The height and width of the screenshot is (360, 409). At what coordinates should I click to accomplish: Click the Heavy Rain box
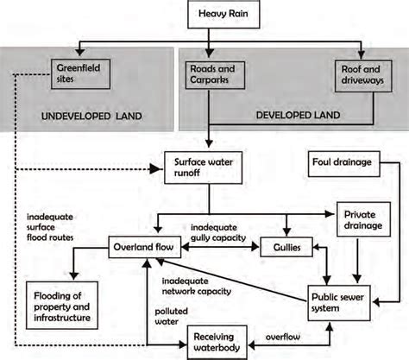218,16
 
